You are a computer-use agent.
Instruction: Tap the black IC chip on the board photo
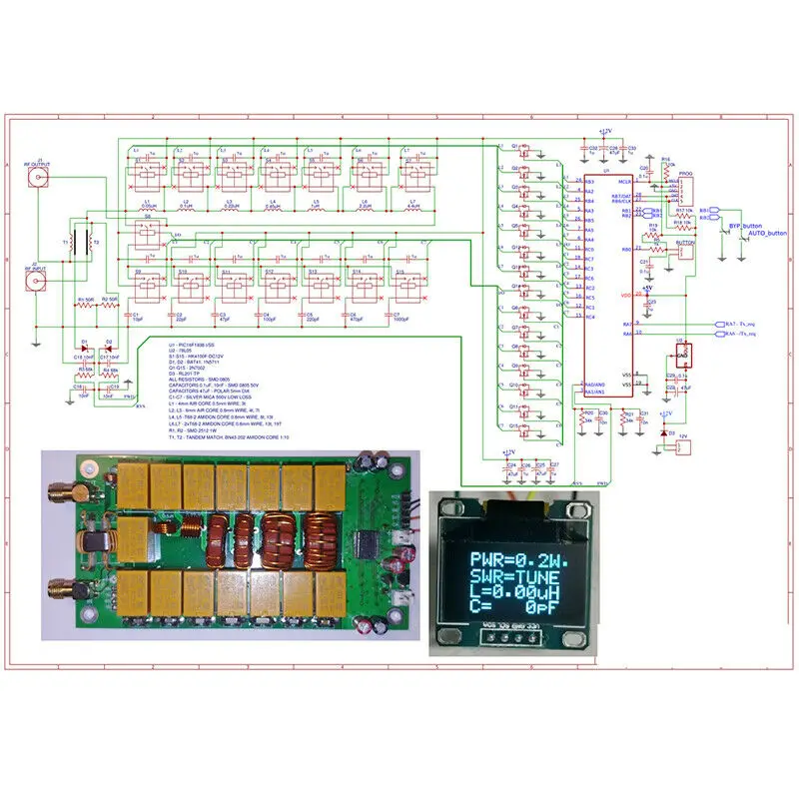pyautogui.click(x=364, y=544)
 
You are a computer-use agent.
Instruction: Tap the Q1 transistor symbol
pyautogui.click(x=528, y=152)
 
